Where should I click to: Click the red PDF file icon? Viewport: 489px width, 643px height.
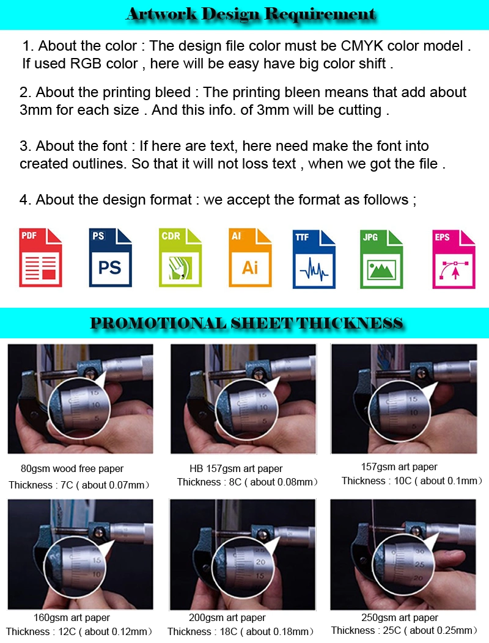click(x=40, y=258)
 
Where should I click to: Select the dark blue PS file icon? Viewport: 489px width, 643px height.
click(x=110, y=258)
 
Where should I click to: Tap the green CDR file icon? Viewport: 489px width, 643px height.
click(x=180, y=258)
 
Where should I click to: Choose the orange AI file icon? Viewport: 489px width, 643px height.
click(x=249, y=258)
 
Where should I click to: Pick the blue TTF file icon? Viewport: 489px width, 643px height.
click(x=314, y=259)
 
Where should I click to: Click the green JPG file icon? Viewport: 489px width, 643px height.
click(x=381, y=259)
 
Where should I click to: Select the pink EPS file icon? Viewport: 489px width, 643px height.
click(x=454, y=259)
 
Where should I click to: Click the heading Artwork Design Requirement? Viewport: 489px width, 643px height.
click(x=251, y=14)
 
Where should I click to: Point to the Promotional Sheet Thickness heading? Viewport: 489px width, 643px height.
click(x=246, y=323)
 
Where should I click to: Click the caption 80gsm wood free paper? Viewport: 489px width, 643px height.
click(x=72, y=469)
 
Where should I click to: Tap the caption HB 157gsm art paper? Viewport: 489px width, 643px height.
click(x=236, y=469)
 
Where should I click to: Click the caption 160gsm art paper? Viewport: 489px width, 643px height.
click(x=72, y=617)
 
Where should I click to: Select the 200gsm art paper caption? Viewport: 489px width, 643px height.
click(x=227, y=617)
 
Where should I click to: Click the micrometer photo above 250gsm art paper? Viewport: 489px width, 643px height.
click(x=403, y=554)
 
